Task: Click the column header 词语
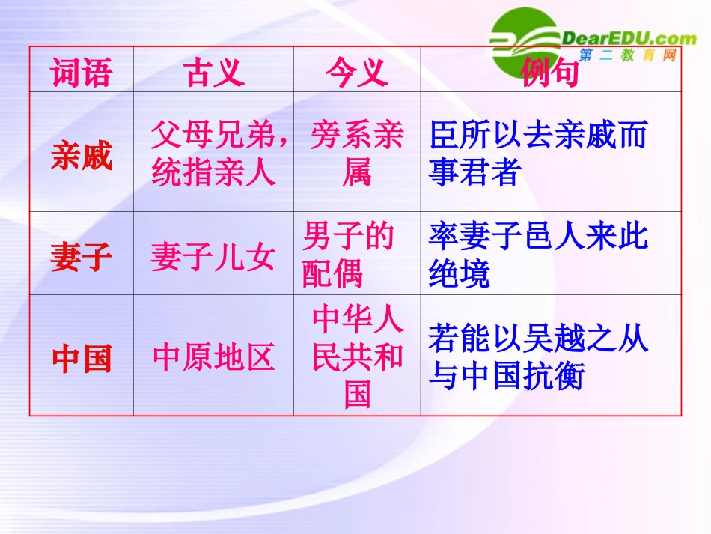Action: click(81, 73)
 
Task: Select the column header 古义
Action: click(213, 73)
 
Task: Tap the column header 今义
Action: click(356, 73)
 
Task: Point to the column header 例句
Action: click(550, 74)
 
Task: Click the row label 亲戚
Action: click(81, 157)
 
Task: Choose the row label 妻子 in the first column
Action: click(81, 258)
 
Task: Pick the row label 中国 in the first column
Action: click(81, 359)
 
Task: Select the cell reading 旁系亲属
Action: click(356, 154)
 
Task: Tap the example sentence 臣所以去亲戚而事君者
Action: click(537, 154)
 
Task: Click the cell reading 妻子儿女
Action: click(213, 258)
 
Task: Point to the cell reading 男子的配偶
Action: click(348, 255)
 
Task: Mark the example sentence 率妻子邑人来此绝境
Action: click(537, 255)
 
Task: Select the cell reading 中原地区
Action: click(213, 358)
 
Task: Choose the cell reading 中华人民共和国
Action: click(357, 355)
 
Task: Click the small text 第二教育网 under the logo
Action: click(628, 56)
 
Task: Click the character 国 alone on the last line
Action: click(357, 393)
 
